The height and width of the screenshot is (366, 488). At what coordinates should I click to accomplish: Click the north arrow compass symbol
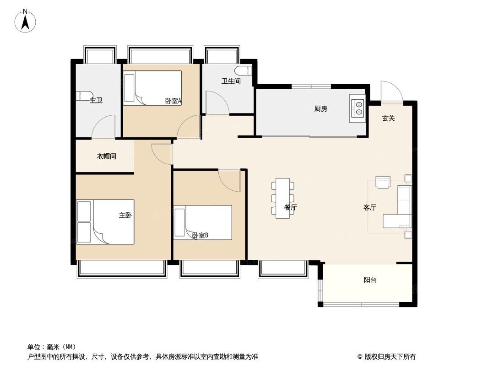tap(25, 21)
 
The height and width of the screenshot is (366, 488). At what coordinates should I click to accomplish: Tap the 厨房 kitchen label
tap(320, 109)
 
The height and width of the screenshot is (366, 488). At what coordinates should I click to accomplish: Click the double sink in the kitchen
tap(358, 108)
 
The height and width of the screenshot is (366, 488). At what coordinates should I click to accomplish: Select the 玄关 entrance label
tap(388, 118)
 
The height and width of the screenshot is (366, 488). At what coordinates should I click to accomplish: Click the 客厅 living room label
tap(369, 208)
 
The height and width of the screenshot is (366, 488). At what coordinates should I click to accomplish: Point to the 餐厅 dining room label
tap(291, 208)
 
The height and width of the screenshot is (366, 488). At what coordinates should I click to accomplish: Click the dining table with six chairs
tap(282, 198)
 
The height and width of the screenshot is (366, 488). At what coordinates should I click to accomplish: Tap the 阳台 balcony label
tap(370, 280)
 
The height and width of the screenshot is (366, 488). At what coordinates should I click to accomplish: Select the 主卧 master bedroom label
tap(125, 215)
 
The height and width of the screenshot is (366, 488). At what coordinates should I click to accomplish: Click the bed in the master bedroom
tap(105, 221)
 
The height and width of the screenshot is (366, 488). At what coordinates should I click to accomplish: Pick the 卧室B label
tap(200, 236)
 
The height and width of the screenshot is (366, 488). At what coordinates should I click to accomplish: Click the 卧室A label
tap(174, 101)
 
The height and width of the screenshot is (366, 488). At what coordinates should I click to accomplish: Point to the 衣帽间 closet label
tap(106, 156)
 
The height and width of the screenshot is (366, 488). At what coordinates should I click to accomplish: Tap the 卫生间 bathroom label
tap(231, 81)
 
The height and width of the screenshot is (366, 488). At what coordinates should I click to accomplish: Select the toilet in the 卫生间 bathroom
tap(243, 71)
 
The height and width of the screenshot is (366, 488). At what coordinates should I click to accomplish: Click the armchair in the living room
tap(382, 182)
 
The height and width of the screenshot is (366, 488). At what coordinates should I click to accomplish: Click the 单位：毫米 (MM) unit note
tap(52, 347)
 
